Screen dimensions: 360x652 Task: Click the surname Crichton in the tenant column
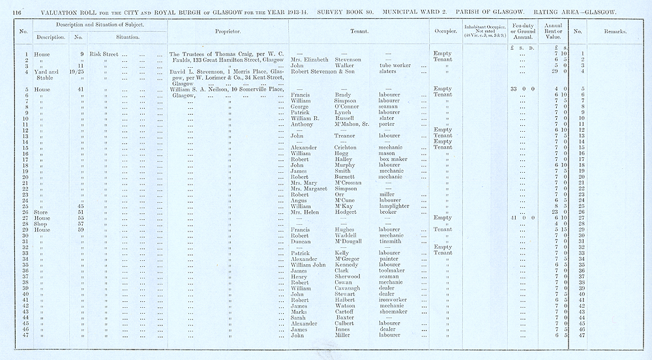(x=349, y=147)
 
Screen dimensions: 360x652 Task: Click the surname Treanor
(x=346, y=136)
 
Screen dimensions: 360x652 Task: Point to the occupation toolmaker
(x=393, y=271)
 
